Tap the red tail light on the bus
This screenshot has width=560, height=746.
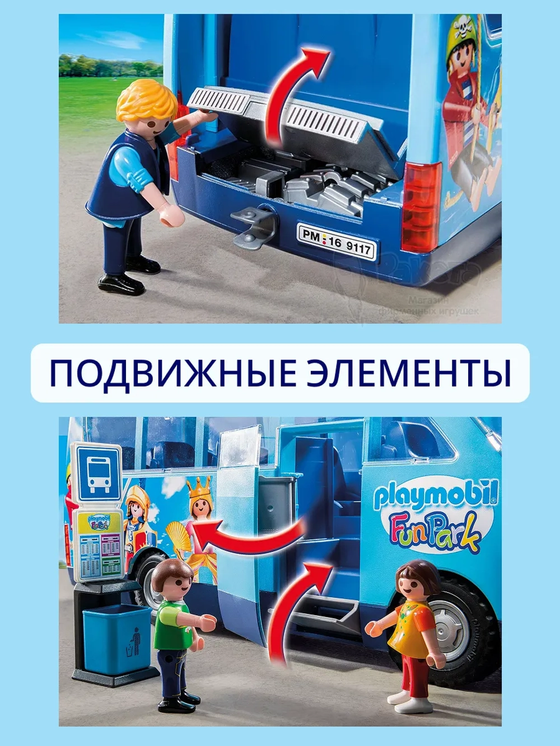coord(421,207)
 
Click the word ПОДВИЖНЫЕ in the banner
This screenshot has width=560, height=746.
coord(171,373)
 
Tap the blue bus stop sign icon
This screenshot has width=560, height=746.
coord(98,473)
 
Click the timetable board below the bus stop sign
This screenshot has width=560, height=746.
coord(97,546)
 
